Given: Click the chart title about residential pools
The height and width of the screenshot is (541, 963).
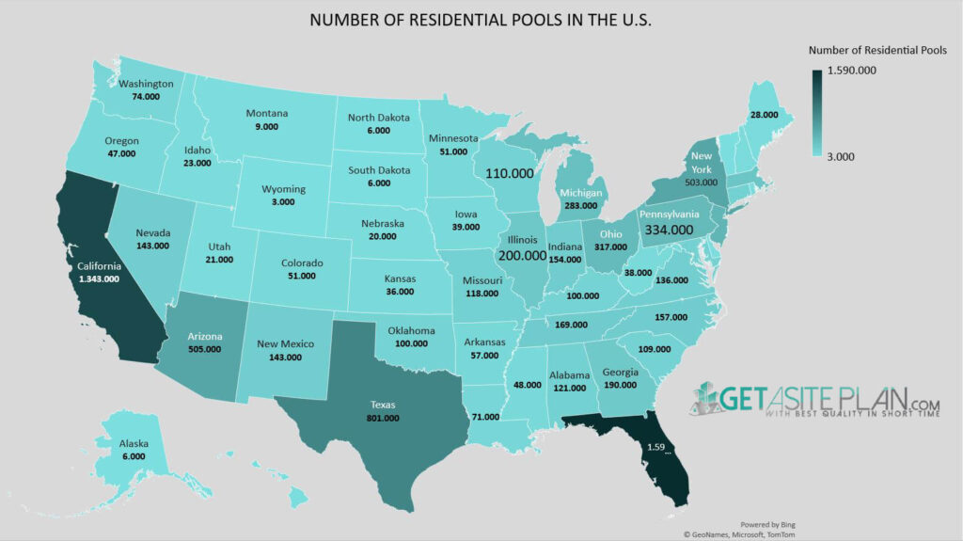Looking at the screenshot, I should [x=481, y=20].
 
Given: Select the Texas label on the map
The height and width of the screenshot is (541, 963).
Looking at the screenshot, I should [x=384, y=404].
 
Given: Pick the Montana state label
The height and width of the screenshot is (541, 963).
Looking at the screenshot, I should [x=267, y=113].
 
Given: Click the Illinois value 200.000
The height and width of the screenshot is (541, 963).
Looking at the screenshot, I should [x=522, y=255].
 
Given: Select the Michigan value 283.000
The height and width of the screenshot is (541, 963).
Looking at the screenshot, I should [x=580, y=205].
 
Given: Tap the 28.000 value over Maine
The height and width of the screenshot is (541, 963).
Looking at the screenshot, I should [x=764, y=114].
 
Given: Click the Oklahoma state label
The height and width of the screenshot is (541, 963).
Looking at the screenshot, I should [x=411, y=330].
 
